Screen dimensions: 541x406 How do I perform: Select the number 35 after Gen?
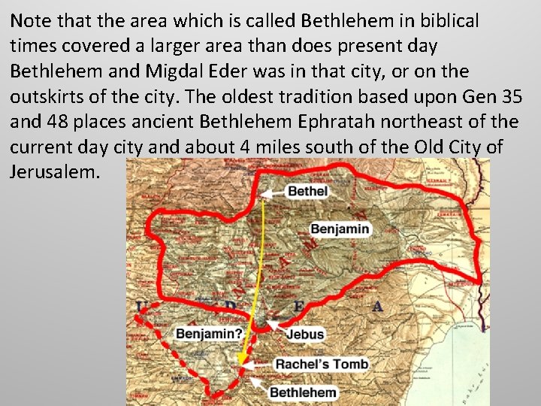point(512,97)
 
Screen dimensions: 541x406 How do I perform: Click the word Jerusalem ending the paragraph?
point(54,172)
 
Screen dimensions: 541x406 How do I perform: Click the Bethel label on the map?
point(308,191)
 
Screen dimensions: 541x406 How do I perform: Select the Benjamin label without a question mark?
point(340,229)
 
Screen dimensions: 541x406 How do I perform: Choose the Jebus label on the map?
point(304,334)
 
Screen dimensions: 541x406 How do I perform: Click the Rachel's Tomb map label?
point(322,365)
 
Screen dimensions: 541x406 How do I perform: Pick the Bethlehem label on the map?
point(304,392)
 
